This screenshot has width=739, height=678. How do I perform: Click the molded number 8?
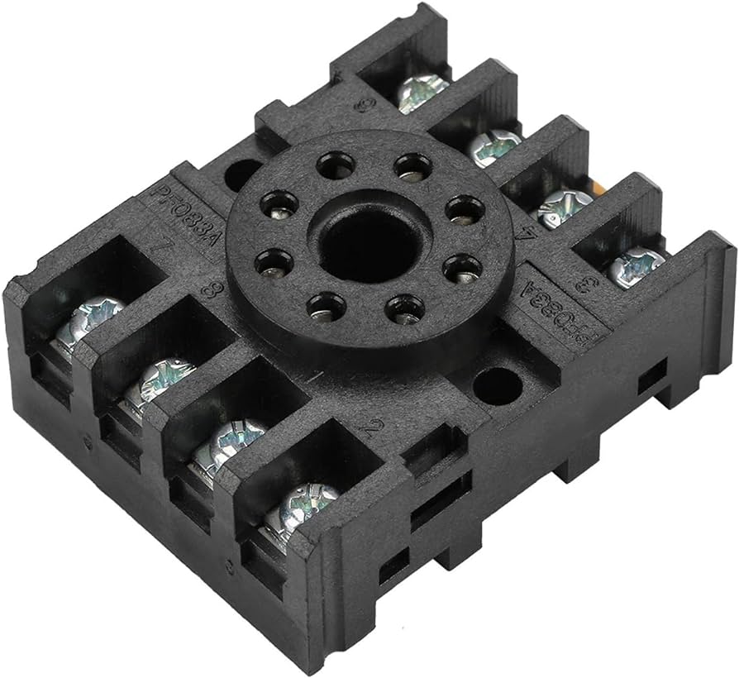click(x=212, y=291)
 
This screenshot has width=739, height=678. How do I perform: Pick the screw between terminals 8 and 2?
click(x=230, y=440)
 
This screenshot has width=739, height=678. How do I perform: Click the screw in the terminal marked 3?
click(x=636, y=266)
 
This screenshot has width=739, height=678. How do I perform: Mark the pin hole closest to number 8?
click(x=274, y=263)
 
